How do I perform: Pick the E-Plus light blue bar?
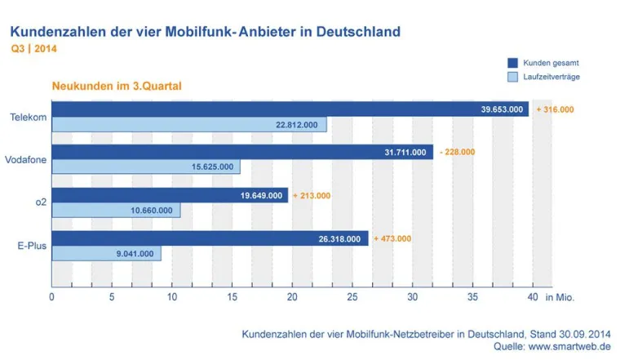click(x=106, y=253)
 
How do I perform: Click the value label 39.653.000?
click(x=502, y=109)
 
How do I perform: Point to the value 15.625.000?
click(x=212, y=167)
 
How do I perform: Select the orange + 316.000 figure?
click(x=555, y=109)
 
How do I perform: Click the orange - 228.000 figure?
click(x=456, y=152)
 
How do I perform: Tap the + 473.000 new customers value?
click(x=392, y=238)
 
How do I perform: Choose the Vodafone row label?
click(x=24, y=159)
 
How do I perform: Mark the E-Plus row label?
click(x=29, y=246)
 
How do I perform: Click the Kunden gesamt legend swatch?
click(x=513, y=62)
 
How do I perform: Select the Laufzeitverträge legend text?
click(x=551, y=78)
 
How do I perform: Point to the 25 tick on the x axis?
click(x=352, y=297)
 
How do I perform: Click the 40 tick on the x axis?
click(x=532, y=297)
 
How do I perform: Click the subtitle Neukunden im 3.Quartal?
click(x=116, y=85)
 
